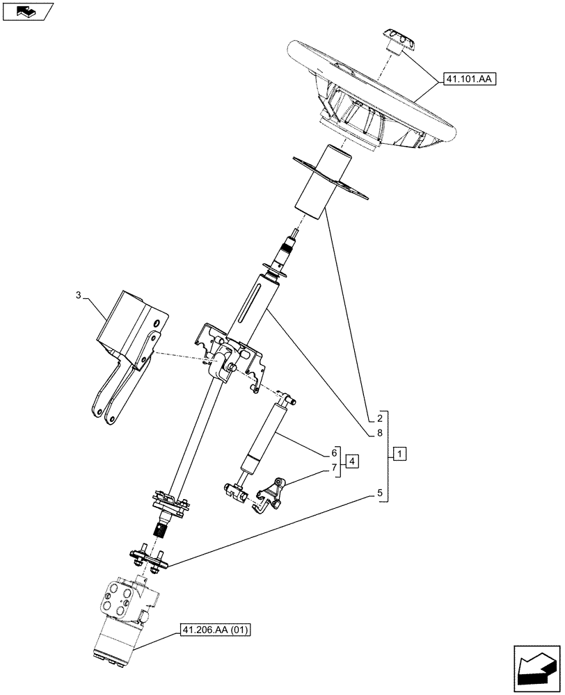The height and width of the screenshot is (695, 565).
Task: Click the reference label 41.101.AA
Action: coord(466,80)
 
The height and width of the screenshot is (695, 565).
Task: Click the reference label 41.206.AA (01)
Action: coord(215,630)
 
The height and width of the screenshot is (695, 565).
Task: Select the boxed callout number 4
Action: coord(352,461)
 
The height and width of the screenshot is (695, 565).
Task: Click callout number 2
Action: coord(379,418)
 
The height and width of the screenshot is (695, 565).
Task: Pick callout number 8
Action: coord(379,434)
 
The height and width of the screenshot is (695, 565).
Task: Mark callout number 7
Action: coord(335,467)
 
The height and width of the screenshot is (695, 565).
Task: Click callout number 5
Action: coord(379,494)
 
